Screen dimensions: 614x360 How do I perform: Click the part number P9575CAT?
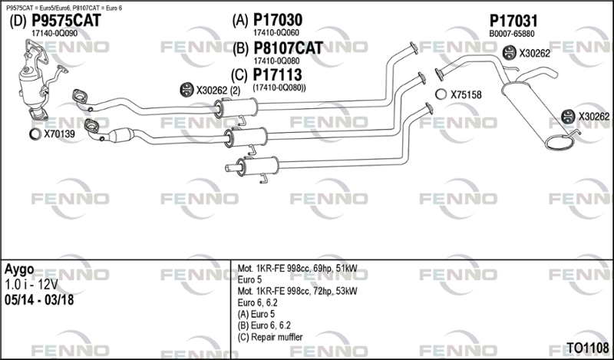(66, 21)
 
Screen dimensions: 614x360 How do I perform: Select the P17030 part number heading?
(278, 20)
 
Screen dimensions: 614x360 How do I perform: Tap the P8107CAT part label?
(289, 48)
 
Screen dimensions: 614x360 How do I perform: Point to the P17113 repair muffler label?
(277, 74)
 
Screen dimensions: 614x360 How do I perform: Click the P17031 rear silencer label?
(513, 21)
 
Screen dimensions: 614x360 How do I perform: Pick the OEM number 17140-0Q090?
(54, 34)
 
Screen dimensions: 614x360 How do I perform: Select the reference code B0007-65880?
(511, 34)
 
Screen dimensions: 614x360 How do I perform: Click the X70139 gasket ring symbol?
(35, 134)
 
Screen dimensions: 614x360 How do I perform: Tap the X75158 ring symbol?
(441, 94)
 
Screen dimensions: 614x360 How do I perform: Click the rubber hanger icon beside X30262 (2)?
(187, 90)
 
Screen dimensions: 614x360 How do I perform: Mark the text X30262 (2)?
(218, 91)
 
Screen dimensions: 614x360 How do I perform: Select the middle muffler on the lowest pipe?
(259, 166)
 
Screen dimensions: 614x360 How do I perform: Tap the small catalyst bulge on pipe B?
(121, 135)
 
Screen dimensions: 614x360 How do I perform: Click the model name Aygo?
(19, 270)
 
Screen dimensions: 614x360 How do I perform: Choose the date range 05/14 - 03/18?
(39, 300)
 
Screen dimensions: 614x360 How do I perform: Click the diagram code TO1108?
(587, 348)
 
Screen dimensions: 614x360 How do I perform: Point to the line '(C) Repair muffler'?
(270, 337)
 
